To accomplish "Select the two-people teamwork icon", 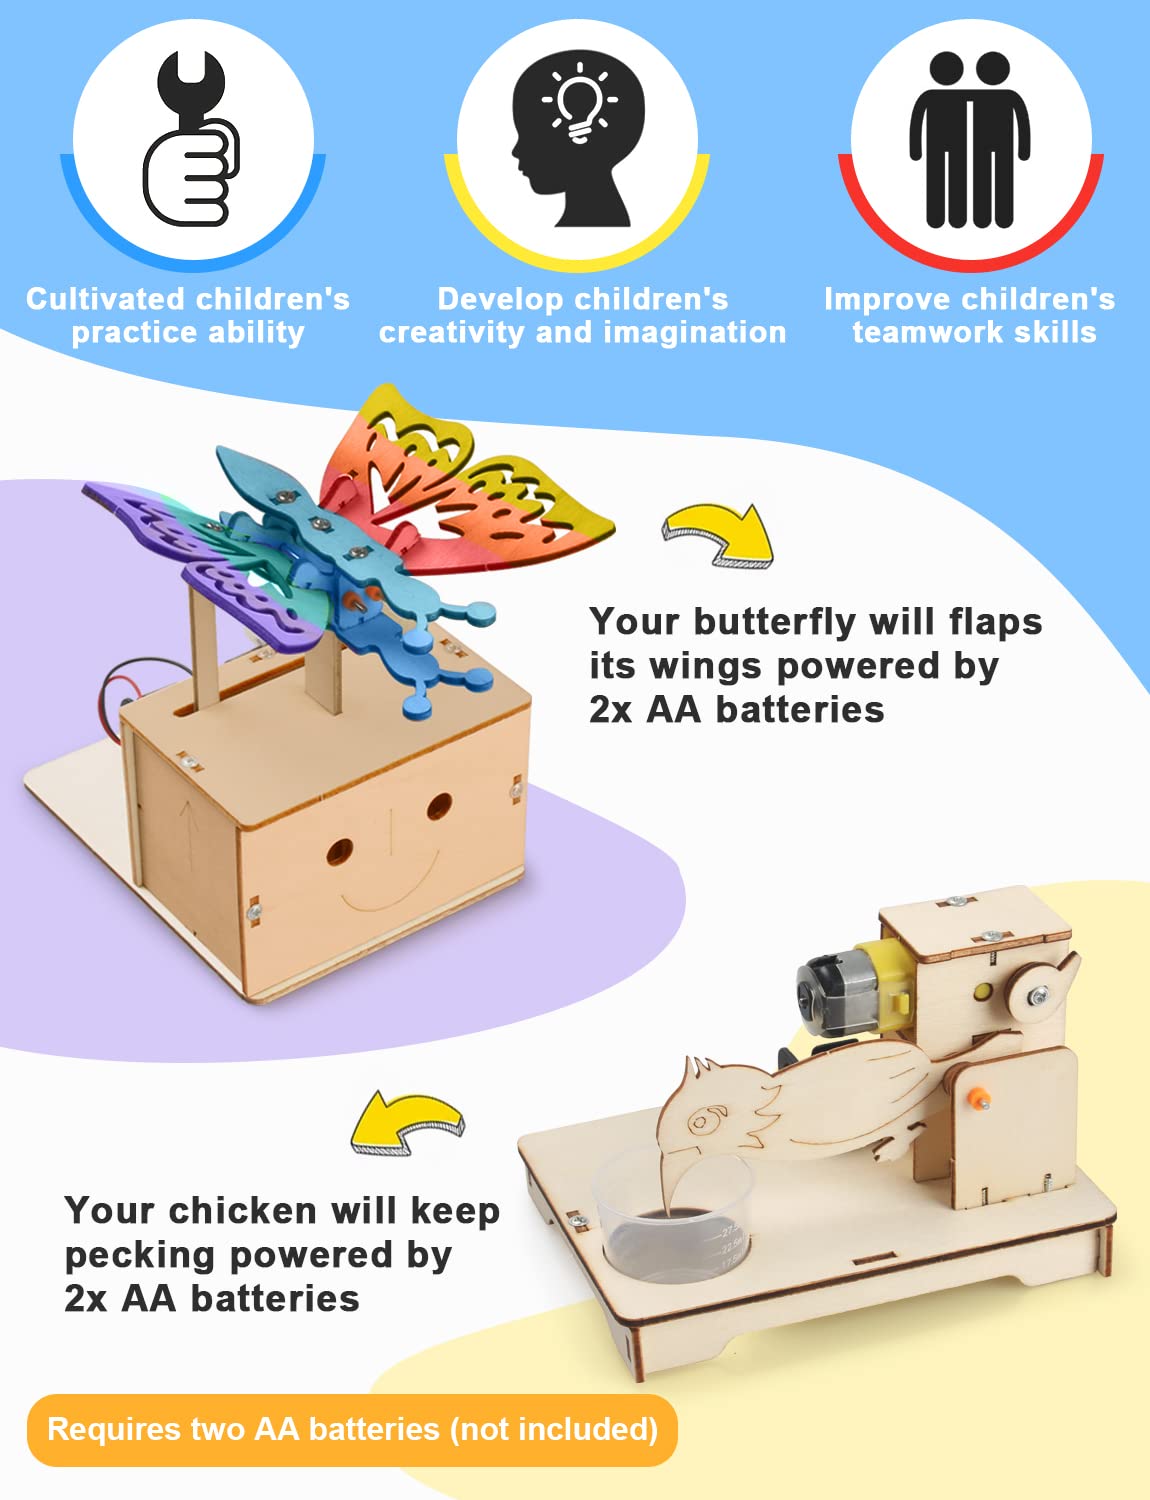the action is click(x=970, y=139).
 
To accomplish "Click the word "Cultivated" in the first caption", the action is click(x=106, y=299).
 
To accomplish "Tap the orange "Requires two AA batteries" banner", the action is click(x=352, y=1430).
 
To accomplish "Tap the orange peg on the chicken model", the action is click(x=977, y=1097).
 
